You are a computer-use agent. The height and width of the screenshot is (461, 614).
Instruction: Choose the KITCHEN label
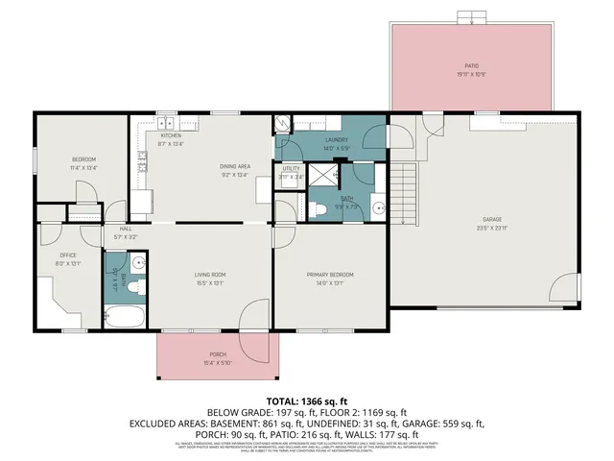click(x=171, y=136)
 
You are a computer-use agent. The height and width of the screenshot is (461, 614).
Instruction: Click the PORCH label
click(x=218, y=354)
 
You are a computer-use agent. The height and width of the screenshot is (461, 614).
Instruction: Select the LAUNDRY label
click(x=335, y=141)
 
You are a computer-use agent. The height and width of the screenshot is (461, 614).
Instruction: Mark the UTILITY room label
click(x=292, y=169)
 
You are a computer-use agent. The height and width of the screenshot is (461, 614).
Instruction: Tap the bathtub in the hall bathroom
click(x=124, y=316)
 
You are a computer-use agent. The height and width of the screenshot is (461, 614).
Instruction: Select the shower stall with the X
click(x=330, y=174)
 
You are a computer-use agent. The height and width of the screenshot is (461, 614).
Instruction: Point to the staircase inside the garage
click(x=406, y=191)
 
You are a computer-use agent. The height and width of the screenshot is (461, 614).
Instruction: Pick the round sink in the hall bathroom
click(x=139, y=261)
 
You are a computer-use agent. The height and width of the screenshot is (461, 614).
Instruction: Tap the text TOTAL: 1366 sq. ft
click(x=307, y=400)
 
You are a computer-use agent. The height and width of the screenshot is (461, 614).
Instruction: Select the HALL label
click(x=126, y=229)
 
